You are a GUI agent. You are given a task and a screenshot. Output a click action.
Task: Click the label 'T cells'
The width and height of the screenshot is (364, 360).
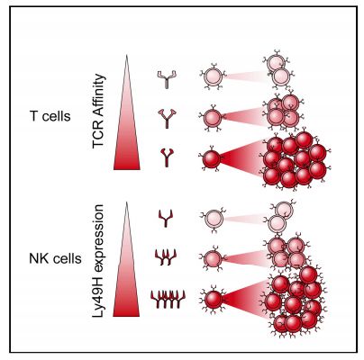[x=50, y=116]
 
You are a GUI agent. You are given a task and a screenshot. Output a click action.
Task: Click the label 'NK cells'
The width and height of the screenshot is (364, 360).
[x=55, y=258]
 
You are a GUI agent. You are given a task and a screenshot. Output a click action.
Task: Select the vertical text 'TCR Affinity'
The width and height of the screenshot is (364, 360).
[x=99, y=111]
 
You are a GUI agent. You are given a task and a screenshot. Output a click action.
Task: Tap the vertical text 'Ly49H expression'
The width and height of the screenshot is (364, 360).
[x=98, y=261]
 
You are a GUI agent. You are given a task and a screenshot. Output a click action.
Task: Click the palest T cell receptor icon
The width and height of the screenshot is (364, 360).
[x=167, y=79]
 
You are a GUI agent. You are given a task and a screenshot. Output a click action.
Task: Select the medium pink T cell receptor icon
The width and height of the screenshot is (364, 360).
[x=167, y=119]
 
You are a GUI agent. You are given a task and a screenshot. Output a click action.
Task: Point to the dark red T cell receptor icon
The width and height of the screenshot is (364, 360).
[x=167, y=157]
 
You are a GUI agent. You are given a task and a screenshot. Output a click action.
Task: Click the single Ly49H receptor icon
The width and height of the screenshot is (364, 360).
[x=166, y=218]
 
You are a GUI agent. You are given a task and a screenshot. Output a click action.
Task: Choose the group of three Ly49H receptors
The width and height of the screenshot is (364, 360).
[x=166, y=257]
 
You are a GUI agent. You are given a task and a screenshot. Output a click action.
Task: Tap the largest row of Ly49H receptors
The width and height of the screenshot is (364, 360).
[x=168, y=300]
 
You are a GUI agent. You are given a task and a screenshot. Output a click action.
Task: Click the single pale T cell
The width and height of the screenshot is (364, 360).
[x=214, y=76]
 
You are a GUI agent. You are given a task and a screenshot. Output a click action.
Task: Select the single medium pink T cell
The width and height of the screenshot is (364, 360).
[x=213, y=118]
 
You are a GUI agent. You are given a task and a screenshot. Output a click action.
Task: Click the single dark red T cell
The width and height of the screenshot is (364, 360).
[x=212, y=159]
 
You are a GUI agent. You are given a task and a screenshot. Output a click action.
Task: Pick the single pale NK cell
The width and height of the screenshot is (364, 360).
[x=214, y=220]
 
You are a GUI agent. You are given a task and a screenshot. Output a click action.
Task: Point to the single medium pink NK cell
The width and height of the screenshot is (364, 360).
[x=214, y=258]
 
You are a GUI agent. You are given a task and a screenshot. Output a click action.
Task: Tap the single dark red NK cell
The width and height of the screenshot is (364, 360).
[x=214, y=300]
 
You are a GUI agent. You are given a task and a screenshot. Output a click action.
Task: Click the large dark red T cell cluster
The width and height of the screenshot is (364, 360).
[x=296, y=160]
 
